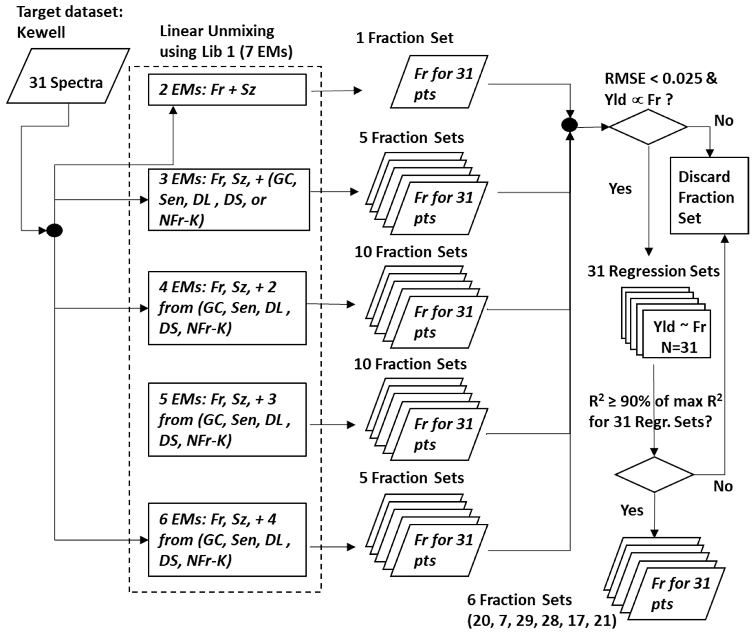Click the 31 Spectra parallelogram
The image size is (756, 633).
click(x=68, y=76)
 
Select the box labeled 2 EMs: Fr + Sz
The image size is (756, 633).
click(x=227, y=90)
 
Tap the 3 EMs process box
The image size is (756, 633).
click(x=229, y=199)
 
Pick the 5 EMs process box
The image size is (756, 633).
click(x=227, y=420)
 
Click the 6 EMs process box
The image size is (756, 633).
click(x=227, y=540)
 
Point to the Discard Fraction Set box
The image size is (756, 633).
click(x=709, y=196)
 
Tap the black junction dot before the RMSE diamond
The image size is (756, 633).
click(x=570, y=125)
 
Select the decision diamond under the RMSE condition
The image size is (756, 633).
click(x=648, y=127)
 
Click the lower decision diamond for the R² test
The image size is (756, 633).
click(x=654, y=474)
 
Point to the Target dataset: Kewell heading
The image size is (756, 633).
click(x=70, y=22)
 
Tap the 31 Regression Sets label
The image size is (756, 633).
click(x=653, y=271)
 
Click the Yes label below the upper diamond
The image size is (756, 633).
click(x=620, y=189)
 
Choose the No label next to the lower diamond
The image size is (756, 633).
click(x=723, y=486)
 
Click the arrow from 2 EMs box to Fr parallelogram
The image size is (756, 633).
click(x=336, y=91)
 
